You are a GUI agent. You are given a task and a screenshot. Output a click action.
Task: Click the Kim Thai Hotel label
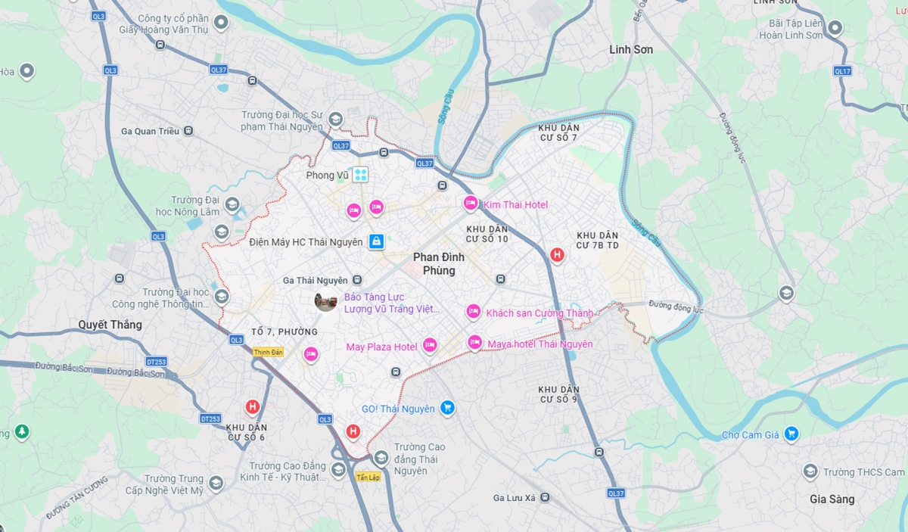[x=515, y=205]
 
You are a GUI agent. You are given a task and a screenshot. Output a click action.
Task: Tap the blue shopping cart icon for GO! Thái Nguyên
[x=447, y=408]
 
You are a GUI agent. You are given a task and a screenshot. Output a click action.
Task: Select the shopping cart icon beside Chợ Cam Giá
[x=791, y=434]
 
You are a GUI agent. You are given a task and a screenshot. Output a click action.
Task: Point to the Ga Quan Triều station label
[x=150, y=131]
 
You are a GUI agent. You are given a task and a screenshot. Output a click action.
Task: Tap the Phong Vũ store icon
[x=360, y=175]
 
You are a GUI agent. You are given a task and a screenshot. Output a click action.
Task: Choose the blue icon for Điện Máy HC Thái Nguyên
[x=376, y=242]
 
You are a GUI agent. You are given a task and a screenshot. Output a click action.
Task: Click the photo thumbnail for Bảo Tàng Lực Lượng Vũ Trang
[x=326, y=301]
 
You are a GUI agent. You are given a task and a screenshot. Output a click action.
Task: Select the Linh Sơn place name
[x=631, y=49]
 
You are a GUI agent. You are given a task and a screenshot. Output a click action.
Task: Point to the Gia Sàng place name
[x=832, y=499]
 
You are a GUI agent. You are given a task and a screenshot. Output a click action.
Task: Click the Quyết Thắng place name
[x=110, y=325]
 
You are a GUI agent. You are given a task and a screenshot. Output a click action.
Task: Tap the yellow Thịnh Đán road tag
[x=268, y=352]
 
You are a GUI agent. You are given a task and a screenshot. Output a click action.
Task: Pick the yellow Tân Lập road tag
[x=368, y=478]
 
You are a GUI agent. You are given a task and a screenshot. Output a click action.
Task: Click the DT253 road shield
[x=210, y=418]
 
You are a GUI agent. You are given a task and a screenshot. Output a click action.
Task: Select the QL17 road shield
[x=842, y=70]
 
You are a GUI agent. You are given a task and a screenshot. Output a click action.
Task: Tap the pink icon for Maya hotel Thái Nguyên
[x=474, y=343]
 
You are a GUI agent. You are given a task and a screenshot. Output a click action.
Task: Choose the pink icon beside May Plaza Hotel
[x=430, y=346]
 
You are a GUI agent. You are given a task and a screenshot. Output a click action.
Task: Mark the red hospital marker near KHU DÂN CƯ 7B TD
[x=557, y=255]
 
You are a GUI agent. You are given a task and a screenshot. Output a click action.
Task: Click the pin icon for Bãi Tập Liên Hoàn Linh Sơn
[x=835, y=29]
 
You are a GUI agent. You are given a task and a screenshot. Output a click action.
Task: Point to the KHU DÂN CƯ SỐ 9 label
[x=559, y=394]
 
